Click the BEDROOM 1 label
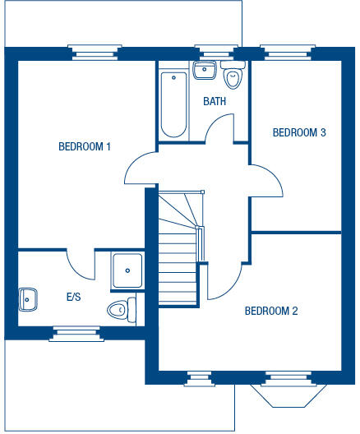[85, 147]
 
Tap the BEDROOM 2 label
[271, 311]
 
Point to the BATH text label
[215, 102]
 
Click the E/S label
[73, 297]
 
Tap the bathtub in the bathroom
[173, 105]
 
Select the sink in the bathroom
[202, 70]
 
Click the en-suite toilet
[120, 311]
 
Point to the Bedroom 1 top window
[96, 53]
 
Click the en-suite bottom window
[77, 332]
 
